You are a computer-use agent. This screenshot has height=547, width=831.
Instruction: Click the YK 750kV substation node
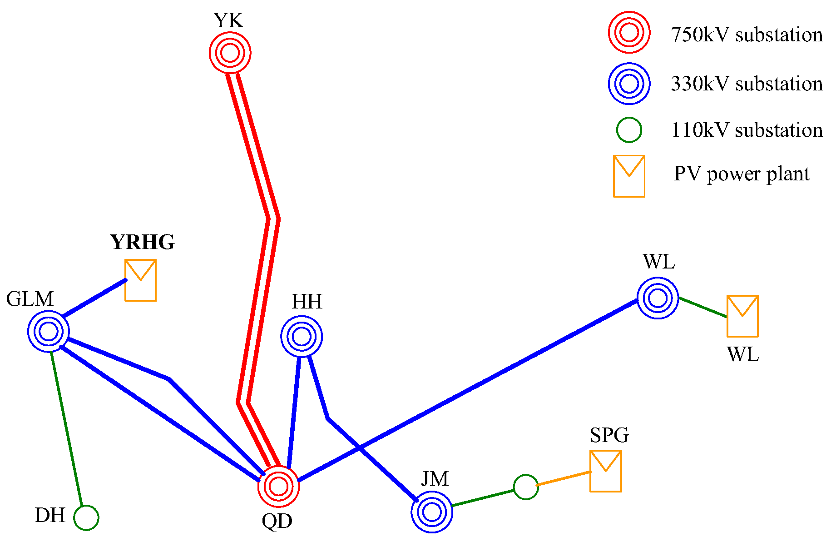click(x=230, y=53)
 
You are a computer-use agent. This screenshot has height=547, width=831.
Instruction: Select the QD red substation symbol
click(x=278, y=486)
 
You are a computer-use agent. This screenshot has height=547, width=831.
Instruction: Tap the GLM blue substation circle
click(x=48, y=331)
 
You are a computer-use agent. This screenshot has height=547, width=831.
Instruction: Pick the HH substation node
click(x=302, y=337)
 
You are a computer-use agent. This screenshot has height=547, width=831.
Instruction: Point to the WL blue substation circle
click(x=658, y=298)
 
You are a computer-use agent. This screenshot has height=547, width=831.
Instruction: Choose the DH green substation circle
click(x=86, y=517)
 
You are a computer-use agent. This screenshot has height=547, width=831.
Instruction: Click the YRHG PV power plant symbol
click(x=141, y=280)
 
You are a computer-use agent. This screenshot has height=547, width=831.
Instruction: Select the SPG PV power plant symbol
click(x=606, y=471)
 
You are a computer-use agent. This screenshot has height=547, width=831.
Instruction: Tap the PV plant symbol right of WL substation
click(x=742, y=316)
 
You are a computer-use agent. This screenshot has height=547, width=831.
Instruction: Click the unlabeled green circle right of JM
click(x=526, y=487)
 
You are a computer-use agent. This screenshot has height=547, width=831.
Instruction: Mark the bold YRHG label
click(x=143, y=242)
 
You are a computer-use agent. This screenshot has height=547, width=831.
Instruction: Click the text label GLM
click(x=30, y=299)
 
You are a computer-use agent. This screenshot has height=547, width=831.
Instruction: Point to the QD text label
click(x=277, y=521)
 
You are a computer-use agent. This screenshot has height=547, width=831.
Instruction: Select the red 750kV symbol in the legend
click(x=629, y=33)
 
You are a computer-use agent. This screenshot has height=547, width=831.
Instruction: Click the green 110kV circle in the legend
click(x=629, y=130)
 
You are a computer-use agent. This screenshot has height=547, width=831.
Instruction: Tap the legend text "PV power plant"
click(x=742, y=174)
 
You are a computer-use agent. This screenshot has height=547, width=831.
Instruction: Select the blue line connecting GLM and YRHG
click(x=94, y=298)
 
